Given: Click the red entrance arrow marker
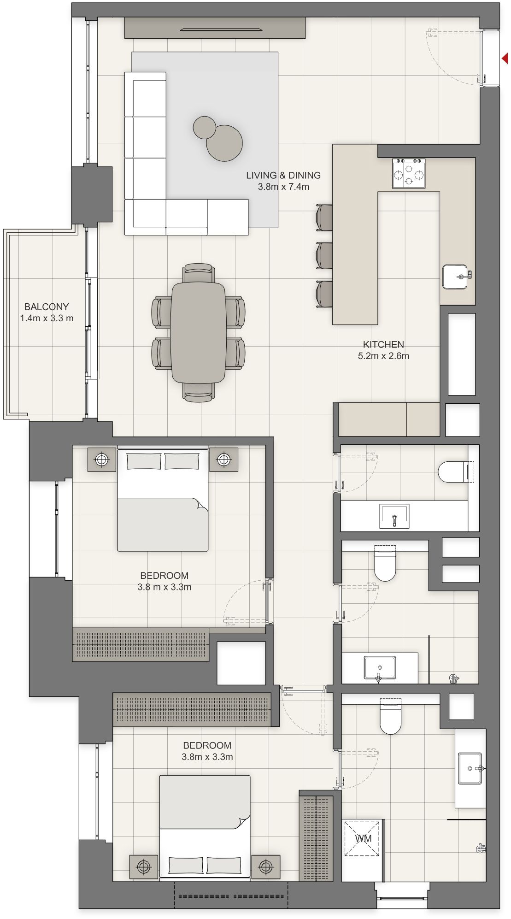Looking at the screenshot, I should [505, 59].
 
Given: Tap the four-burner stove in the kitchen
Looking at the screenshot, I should [409, 174].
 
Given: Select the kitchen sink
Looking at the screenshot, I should [455, 277].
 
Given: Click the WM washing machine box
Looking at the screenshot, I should [363, 838].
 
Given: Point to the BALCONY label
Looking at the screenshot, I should [47, 306].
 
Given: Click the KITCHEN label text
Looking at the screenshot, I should [383, 344].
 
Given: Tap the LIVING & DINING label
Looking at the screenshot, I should [283, 175].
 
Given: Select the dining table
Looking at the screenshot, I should [198, 332].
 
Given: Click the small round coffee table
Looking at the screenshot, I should [204, 127].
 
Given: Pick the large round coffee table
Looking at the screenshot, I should [225, 143].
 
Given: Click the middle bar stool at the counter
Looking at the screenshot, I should [325, 255].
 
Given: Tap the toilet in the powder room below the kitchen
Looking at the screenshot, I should [453, 472].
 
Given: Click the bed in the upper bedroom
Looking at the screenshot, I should [163, 500].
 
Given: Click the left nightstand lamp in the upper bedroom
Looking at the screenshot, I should [102, 459].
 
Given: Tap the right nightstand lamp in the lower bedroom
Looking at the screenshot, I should [266, 867].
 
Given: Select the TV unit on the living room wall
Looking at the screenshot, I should [215, 28].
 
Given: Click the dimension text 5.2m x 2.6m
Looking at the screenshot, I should [383, 356].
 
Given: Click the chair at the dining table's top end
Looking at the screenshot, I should [198, 273].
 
